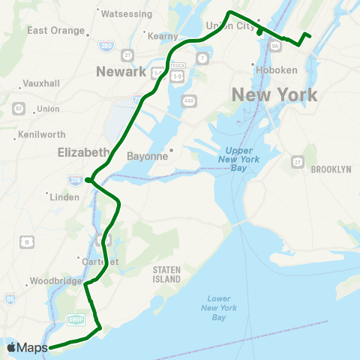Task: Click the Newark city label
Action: click(121, 72)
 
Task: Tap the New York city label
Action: click(274, 95)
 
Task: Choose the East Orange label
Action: click(56, 30)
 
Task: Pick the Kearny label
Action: click(163, 36)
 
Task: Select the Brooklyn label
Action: click(330, 169)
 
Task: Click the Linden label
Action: click(64, 197)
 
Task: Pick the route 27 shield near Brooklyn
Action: click(298, 161)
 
